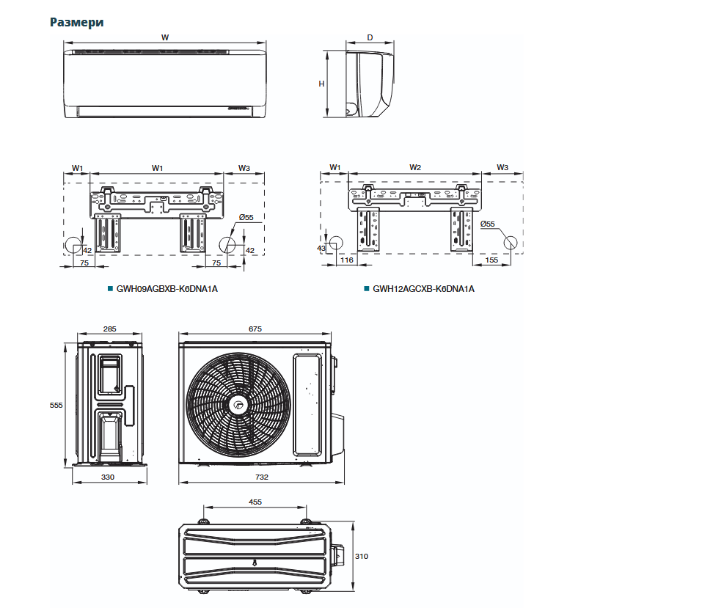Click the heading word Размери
click(76, 22)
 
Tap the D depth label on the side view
click(370, 37)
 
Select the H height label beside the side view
click(321, 84)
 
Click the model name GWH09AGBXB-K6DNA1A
click(167, 289)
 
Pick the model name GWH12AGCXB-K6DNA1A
click(423, 289)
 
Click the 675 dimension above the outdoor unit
click(255, 329)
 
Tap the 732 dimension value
click(262, 477)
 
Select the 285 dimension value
click(109, 329)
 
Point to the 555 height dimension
click(56, 405)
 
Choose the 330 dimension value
click(108, 477)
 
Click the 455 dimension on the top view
click(255, 502)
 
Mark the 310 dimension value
click(362, 556)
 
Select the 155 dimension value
click(491, 260)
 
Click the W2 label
click(414, 168)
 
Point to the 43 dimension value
click(321, 249)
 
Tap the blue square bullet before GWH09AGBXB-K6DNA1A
click(110, 289)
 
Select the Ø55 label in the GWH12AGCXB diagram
click(488, 224)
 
